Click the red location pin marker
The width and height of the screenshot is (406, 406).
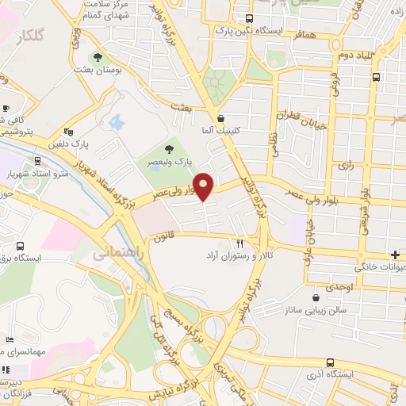[x=205, y=185]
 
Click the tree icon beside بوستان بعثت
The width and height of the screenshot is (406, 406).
[x=98, y=57]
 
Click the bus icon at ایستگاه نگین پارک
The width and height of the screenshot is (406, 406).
[x=249, y=19]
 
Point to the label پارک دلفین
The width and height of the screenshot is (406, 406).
[x=89, y=145]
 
